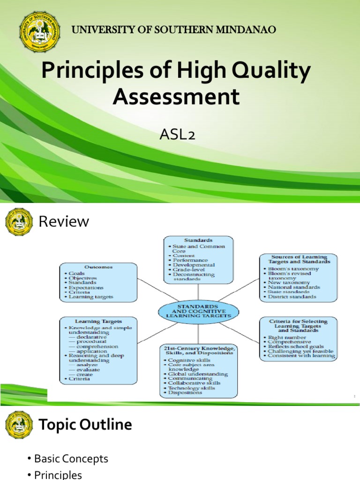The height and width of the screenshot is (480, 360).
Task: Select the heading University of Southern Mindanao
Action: point(173,30)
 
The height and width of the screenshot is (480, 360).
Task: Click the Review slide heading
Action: point(64,221)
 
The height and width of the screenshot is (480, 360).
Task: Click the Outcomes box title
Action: point(98,267)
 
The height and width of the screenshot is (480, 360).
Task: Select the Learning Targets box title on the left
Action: point(98,322)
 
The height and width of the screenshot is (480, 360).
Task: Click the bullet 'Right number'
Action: point(286,337)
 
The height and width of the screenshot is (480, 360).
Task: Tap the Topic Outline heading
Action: point(85,425)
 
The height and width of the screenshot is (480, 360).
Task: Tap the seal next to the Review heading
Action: point(19,222)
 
